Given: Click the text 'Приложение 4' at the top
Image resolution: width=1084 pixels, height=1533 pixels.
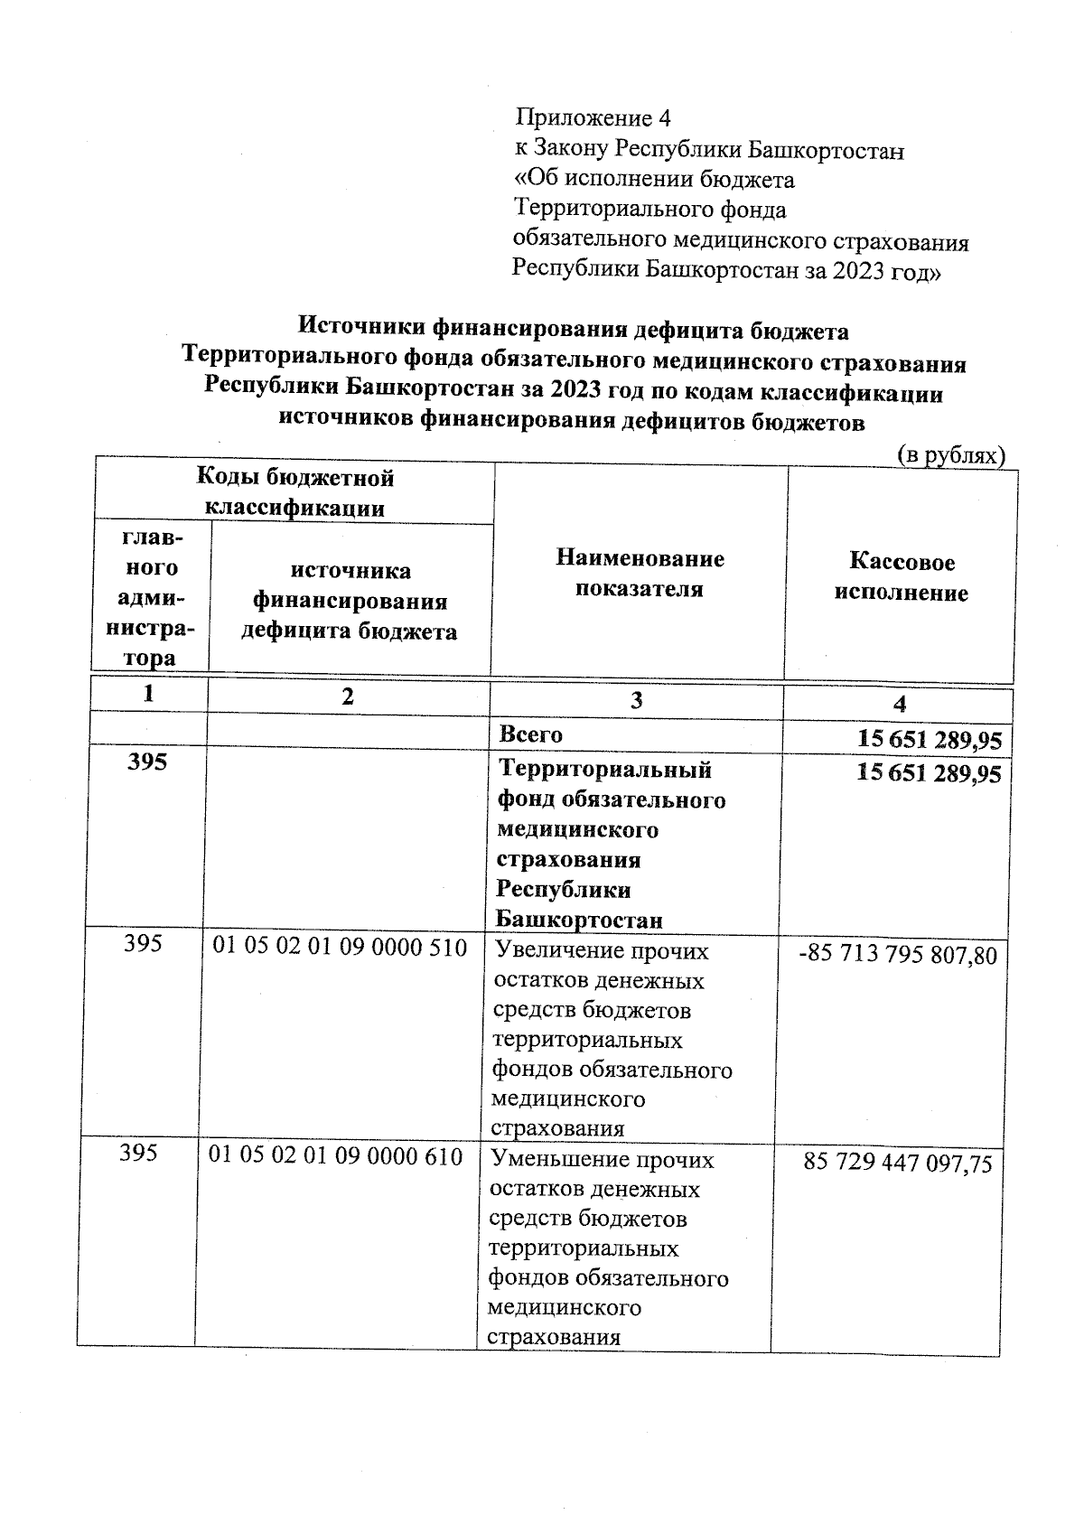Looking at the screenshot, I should tap(593, 118).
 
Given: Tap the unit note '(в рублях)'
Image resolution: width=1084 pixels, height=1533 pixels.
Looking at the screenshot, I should tap(950, 456).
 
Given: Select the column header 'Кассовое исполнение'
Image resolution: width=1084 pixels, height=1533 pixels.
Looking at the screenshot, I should tap(902, 577).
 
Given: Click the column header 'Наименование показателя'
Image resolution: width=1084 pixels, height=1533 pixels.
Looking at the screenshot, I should tap(640, 574).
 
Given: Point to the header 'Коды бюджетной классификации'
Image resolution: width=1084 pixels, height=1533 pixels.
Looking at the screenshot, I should tap(295, 492).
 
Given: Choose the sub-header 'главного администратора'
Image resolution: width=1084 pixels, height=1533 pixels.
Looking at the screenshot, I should tap(150, 598).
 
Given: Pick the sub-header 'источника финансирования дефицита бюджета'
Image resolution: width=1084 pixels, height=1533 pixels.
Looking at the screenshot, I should tap(350, 601).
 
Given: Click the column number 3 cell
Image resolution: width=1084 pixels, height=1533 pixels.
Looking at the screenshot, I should tap(637, 701).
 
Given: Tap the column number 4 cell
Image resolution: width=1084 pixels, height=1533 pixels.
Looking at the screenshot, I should tap(899, 704).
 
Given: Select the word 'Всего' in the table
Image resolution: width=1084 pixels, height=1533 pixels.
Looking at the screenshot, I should tap(531, 734).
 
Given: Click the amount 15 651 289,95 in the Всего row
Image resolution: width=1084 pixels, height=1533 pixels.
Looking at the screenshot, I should tap(929, 740).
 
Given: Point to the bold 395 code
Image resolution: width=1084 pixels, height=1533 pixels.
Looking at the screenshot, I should tap(147, 762).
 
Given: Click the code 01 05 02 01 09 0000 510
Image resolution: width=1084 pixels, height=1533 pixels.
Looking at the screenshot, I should tap(340, 948).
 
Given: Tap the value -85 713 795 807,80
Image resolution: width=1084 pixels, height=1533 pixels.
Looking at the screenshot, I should tap(898, 955).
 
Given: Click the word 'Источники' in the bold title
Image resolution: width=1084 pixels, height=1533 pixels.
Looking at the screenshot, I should tap(362, 331).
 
